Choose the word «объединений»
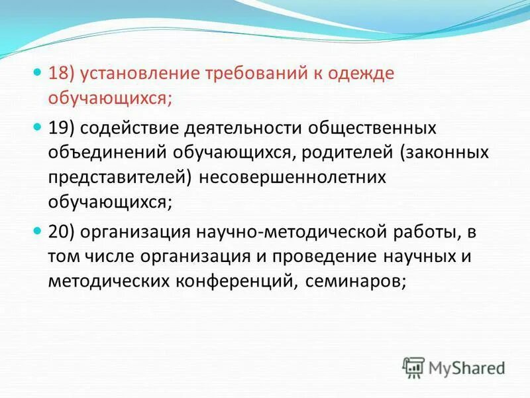click(x=107, y=153)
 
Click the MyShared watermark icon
click(x=414, y=367)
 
